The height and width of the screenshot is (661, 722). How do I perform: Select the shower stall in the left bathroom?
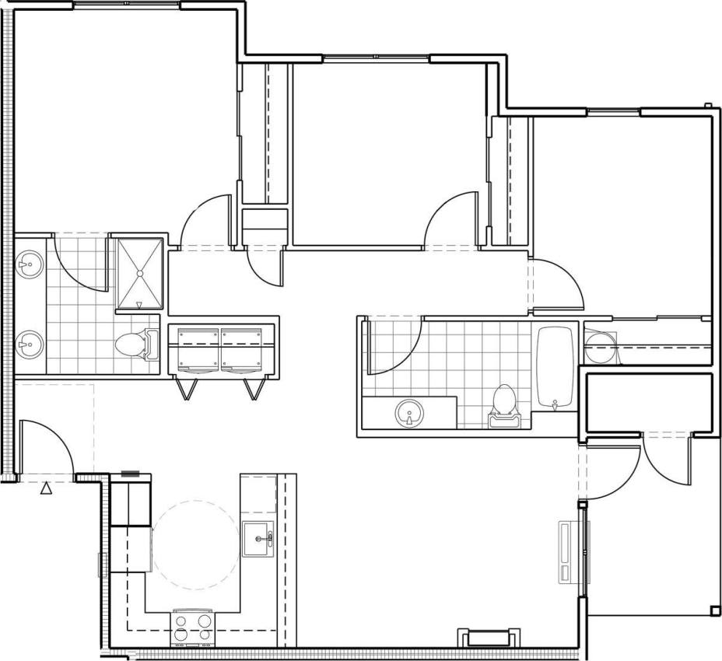tap(140, 274)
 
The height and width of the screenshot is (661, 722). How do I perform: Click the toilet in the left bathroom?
tap(134, 343)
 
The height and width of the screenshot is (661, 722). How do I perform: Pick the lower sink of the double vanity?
tap(30, 341)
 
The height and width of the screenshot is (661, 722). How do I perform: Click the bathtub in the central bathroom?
tap(556, 366)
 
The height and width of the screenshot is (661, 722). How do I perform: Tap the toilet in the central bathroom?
tap(505, 404)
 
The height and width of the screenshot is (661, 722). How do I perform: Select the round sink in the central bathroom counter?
tap(409, 412)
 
